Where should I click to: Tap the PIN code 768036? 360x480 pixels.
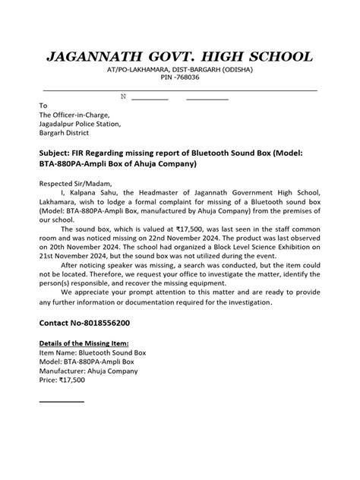(x=187, y=77)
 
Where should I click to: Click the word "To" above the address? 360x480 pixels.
(x=43, y=106)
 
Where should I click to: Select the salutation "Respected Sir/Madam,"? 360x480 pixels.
(x=75, y=183)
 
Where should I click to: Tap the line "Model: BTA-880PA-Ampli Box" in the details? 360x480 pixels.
(x=89, y=362)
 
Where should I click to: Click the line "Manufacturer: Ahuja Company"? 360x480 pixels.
(x=88, y=371)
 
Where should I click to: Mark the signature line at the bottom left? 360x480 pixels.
(x=62, y=402)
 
